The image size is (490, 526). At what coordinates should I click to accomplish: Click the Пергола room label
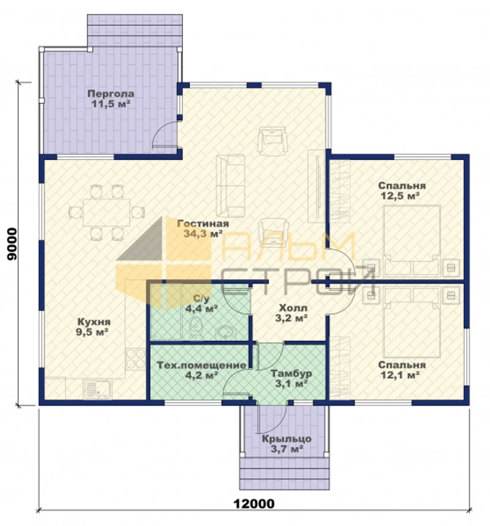point(111,93)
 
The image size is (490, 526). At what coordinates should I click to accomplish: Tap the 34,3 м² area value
point(203,234)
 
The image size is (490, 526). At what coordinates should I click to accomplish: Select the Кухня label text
point(94,322)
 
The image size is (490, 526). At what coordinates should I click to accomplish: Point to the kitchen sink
point(98,389)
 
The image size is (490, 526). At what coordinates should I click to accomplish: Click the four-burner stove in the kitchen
point(135,359)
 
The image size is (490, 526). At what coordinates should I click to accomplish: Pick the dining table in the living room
point(106,212)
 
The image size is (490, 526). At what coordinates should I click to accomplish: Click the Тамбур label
point(291,374)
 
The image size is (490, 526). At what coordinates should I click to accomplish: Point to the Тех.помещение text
point(202,365)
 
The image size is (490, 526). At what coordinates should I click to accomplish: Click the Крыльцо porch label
point(287,439)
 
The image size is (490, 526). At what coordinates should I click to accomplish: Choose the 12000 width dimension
point(254,504)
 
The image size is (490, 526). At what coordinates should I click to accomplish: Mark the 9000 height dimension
point(12,244)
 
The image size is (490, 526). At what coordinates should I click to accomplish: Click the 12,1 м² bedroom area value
point(400,374)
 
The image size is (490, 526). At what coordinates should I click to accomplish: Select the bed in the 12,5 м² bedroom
point(412,240)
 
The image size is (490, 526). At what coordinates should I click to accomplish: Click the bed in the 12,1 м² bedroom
point(412,323)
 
